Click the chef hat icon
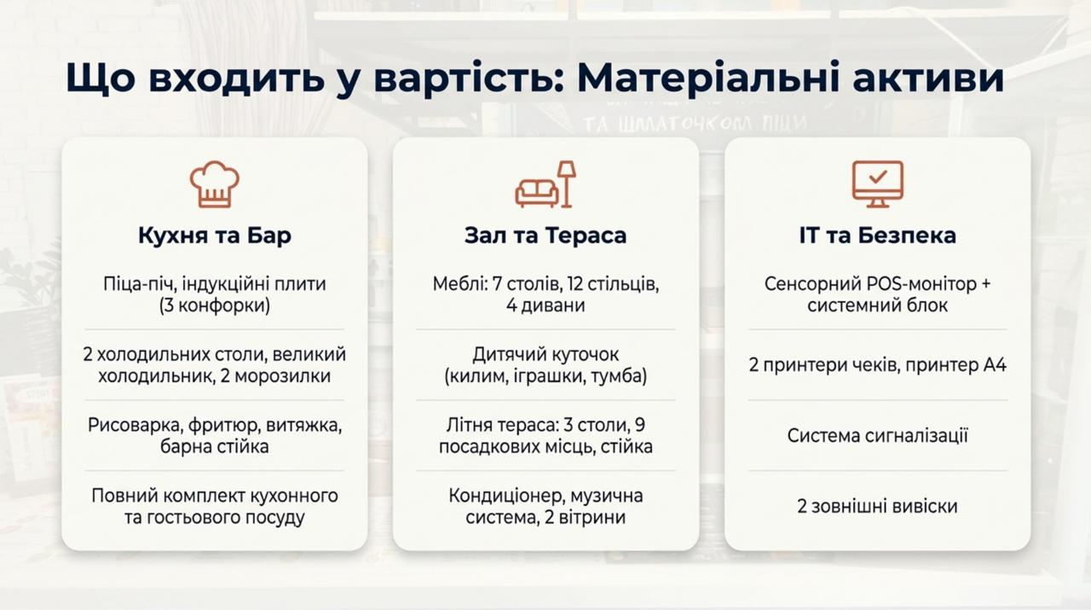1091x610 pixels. point(214,183)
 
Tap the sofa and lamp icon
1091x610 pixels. point(545,183)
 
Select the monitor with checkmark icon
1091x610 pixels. point(877,183)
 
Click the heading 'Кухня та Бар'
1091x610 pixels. point(214,235)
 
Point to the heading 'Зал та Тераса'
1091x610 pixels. point(545,235)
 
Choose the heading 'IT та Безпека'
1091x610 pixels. point(877,235)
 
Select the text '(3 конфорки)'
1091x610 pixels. point(214,305)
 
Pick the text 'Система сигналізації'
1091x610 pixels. point(877,435)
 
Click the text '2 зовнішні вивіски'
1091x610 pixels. point(877,506)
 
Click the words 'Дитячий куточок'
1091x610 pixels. point(545,355)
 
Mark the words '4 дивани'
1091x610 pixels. point(545,305)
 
